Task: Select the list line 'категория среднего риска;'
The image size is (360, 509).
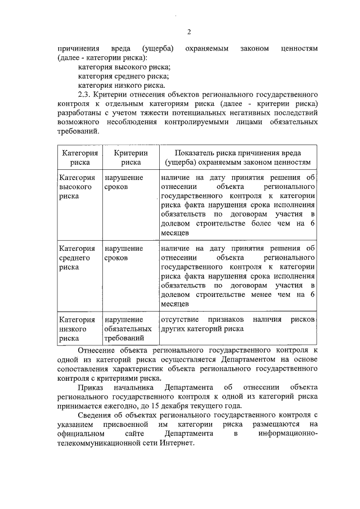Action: coord(123,76)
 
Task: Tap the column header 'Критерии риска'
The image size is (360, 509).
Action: coord(130,157)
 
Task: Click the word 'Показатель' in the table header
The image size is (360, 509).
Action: coord(194,153)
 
